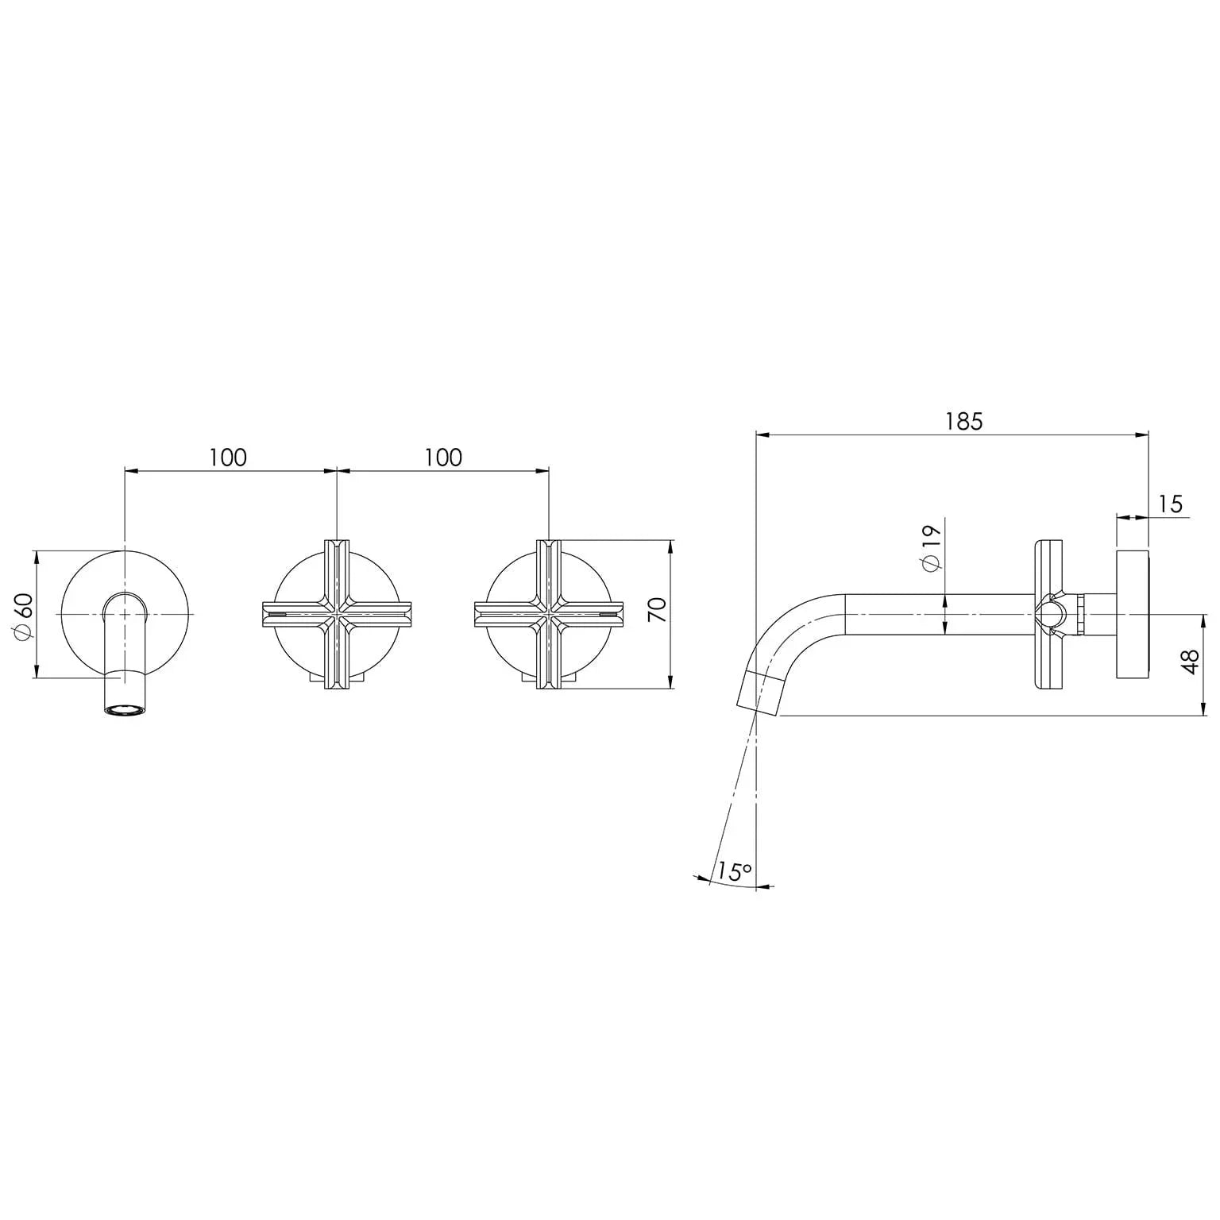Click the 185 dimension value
pos(963,421)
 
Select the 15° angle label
pos(732,871)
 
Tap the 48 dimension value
pos(1189,662)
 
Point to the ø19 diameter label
pos(930,546)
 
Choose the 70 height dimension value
pos(658,610)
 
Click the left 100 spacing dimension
pos(228,457)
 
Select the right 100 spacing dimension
pos(442,457)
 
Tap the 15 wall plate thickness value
pos(1170,504)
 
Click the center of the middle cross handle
pos(337,614)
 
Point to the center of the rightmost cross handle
pos(549,614)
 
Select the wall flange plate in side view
pos(1132,614)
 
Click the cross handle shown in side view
pos(1048,615)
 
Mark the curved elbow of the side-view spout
pos(786,627)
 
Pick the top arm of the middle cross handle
pos(337,568)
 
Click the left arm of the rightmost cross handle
pos(504,614)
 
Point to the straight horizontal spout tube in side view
pos(937,615)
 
